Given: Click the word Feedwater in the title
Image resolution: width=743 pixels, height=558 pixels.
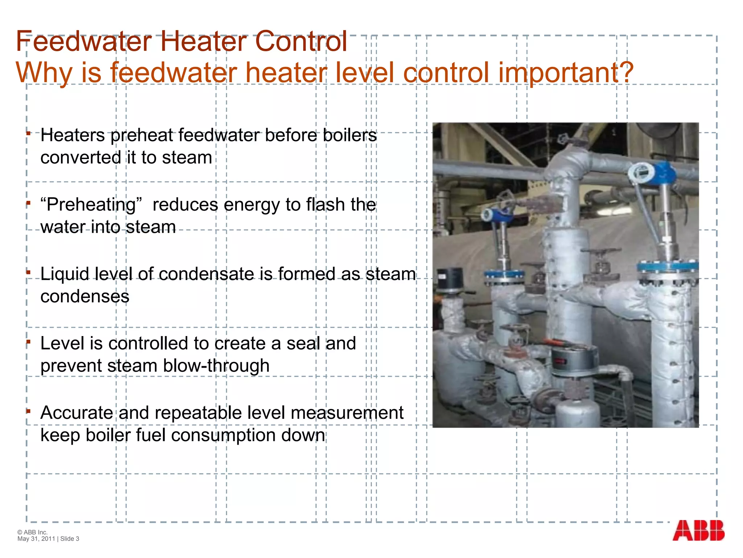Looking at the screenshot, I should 84,41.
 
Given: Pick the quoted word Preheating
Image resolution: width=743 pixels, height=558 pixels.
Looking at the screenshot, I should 91,205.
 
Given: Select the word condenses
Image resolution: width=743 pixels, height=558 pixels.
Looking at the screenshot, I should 85,296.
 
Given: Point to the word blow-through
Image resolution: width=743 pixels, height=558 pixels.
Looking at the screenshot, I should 216,366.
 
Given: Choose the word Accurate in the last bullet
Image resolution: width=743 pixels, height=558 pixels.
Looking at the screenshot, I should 77,413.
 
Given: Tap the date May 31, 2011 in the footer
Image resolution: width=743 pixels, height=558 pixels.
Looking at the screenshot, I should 36,539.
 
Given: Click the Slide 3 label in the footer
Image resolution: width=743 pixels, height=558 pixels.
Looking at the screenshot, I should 70,539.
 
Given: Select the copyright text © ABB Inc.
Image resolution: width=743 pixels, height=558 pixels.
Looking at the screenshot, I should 33,532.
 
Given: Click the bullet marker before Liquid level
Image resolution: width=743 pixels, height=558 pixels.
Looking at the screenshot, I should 28,272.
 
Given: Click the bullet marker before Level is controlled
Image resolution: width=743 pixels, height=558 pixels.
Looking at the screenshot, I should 28,341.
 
